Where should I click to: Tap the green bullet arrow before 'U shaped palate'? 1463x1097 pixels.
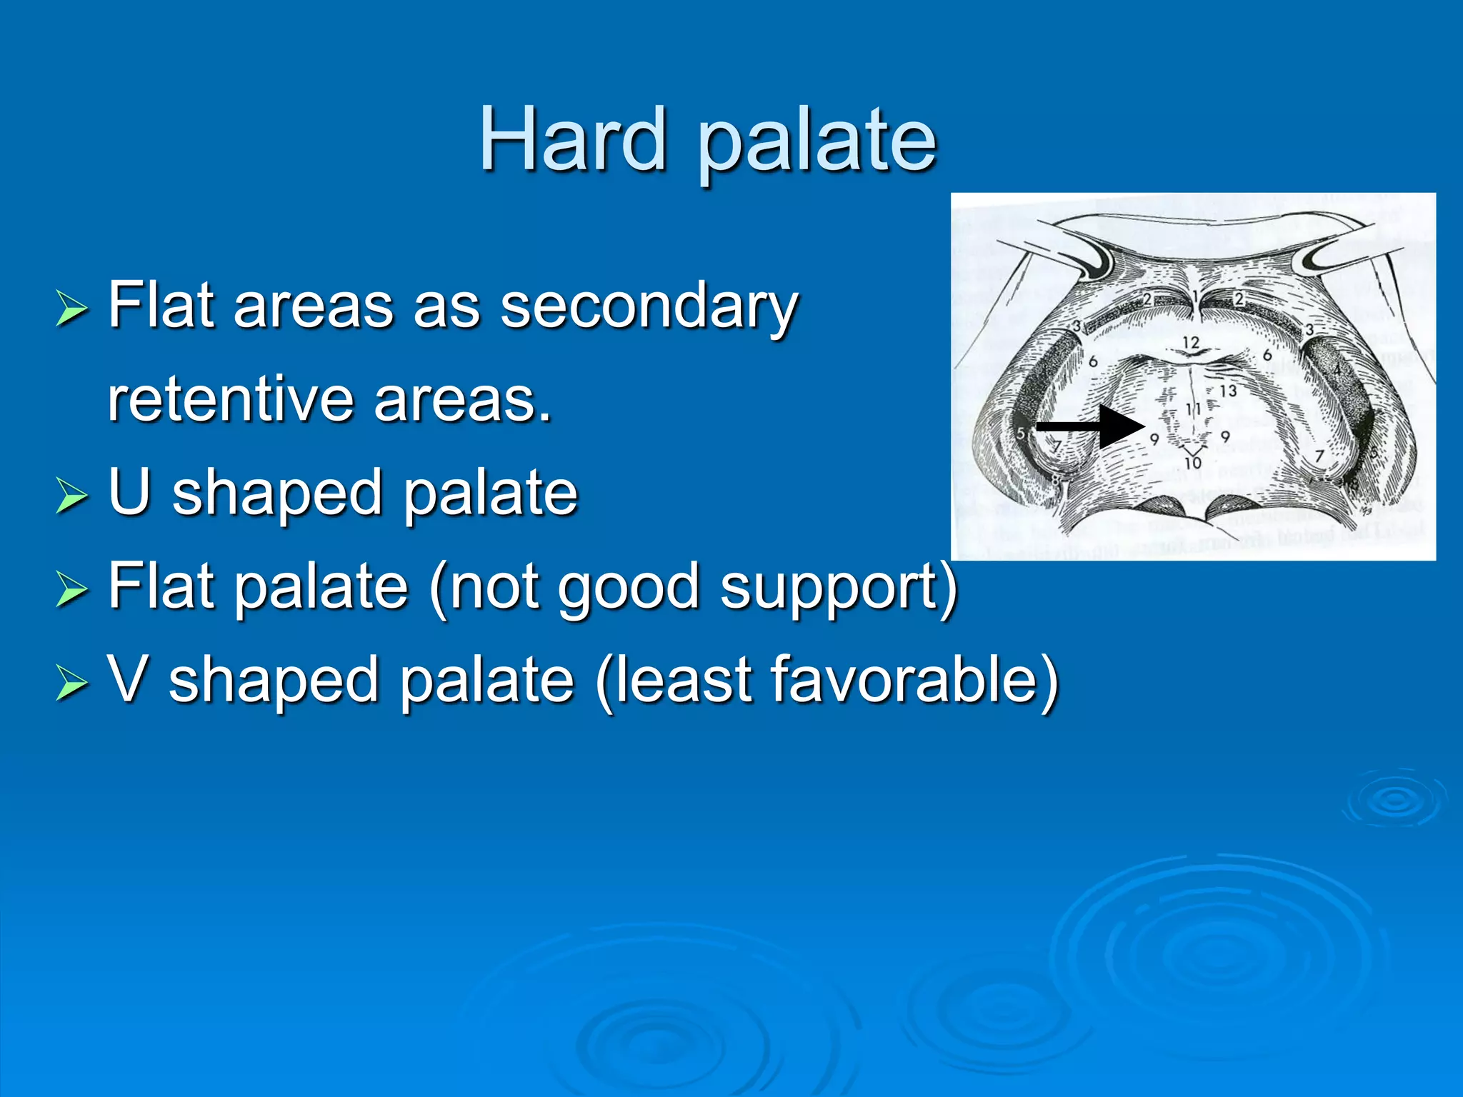(71, 495)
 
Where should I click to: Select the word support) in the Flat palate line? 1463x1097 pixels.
(839, 587)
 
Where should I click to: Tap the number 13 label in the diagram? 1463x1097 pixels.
(1227, 391)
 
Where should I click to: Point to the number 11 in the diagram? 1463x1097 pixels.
(1193, 409)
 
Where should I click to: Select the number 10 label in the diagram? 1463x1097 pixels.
(1193, 463)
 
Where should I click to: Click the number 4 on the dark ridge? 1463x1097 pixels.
(1337, 369)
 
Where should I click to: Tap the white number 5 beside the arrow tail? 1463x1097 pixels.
(1022, 433)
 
